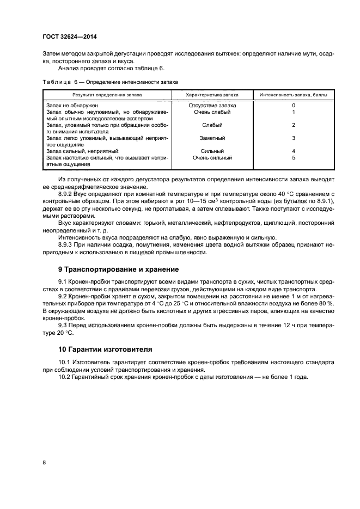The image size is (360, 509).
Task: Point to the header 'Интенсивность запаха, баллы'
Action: (x=293, y=95)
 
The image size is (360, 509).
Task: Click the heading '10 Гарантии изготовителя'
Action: (x=105, y=348)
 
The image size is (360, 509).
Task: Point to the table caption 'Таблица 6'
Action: (x=60, y=82)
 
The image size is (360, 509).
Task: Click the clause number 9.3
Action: (x=63, y=326)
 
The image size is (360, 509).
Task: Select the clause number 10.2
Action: (x=65, y=377)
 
